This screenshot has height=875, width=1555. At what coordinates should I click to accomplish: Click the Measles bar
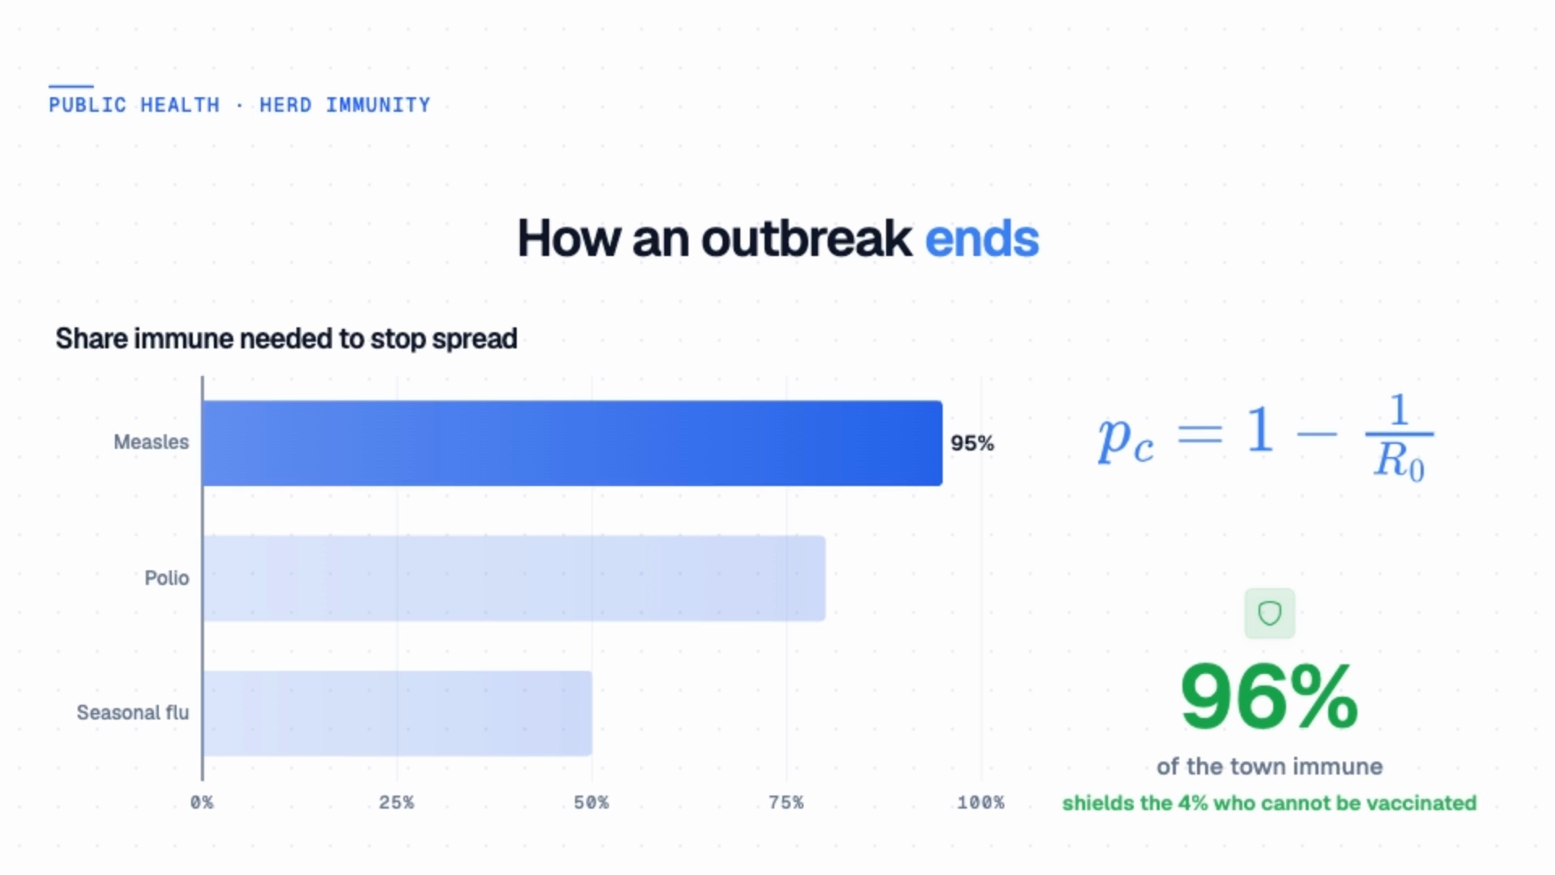pyautogui.click(x=573, y=443)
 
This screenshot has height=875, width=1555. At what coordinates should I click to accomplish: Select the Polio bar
pyautogui.click(x=514, y=578)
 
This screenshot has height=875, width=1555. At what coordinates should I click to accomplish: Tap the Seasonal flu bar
pyautogui.click(x=398, y=713)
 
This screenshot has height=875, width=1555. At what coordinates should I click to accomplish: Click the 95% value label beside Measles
pyautogui.click(x=972, y=443)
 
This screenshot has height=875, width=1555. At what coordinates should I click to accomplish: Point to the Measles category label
pyautogui.click(x=151, y=442)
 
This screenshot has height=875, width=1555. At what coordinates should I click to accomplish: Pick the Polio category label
pyautogui.click(x=167, y=578)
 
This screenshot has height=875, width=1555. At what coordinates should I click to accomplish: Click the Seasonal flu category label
pyautogui.click(x=133, y=712)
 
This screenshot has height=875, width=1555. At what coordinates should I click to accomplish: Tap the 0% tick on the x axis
pyautogui.click(x=202, y=802)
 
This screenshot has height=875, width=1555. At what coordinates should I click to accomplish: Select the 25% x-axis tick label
pyautogui.click(x=397, y=802)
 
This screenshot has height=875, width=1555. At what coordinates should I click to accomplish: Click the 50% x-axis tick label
pyautogui.click(x=591, y=802)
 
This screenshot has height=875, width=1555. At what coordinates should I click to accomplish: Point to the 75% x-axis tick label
pyautogui.click(x=786, y=802)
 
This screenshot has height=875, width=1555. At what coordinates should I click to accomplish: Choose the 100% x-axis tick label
pyautogui.click(x=981, y=802)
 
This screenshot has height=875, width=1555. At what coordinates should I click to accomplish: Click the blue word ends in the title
pyautogui.click(x=982, y=239)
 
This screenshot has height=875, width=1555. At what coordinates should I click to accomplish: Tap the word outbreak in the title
pyautogui.click(x=806, y=239)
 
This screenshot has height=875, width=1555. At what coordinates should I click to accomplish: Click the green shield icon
pyautogui.click(x=1269, y=613)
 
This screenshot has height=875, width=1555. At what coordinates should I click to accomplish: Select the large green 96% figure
pyautogui.click(x=1269, y=696)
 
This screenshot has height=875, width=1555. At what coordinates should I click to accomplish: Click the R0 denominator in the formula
pyautogui.click(x=1399, y=463)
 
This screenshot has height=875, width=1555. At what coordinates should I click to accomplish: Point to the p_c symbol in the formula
pyautogui.click(x=1126, y=442)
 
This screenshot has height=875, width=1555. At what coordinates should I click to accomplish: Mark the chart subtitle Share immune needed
pyautogui.click(x=286, y=339)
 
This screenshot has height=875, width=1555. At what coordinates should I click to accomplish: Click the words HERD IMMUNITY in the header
pyautogui.click(x=345, y=105)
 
